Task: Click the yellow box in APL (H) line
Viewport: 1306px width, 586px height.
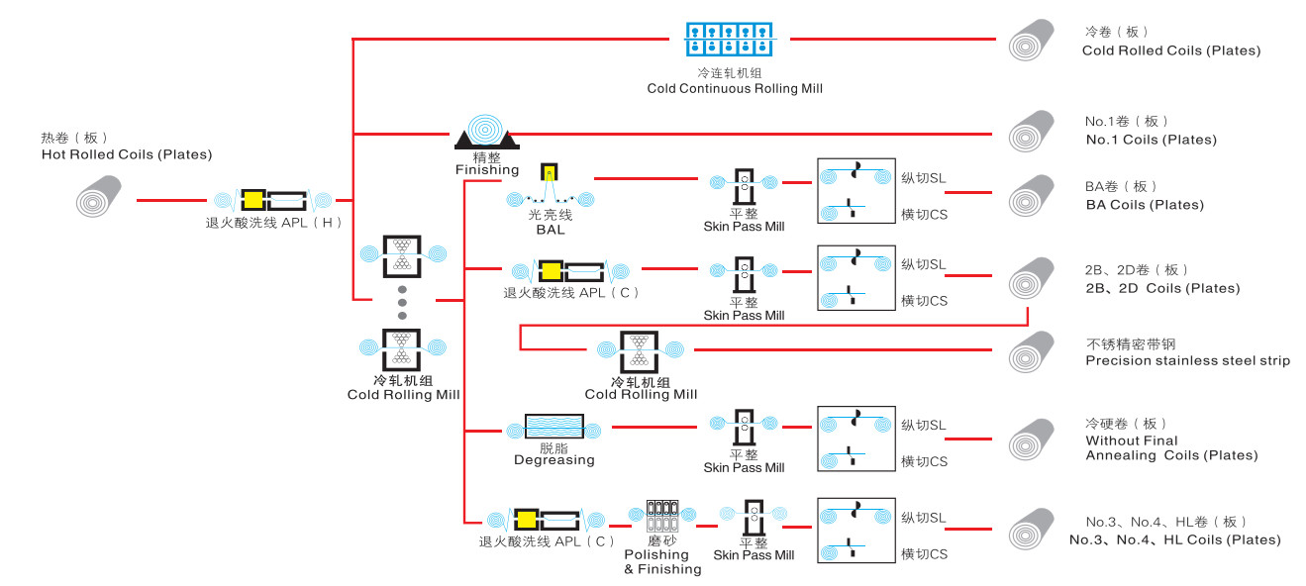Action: click(x=253, y=199)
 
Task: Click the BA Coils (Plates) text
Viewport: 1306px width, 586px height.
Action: click(x=1145, y=205)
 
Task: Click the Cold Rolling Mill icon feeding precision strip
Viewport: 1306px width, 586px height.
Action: click(x=640, y=350)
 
